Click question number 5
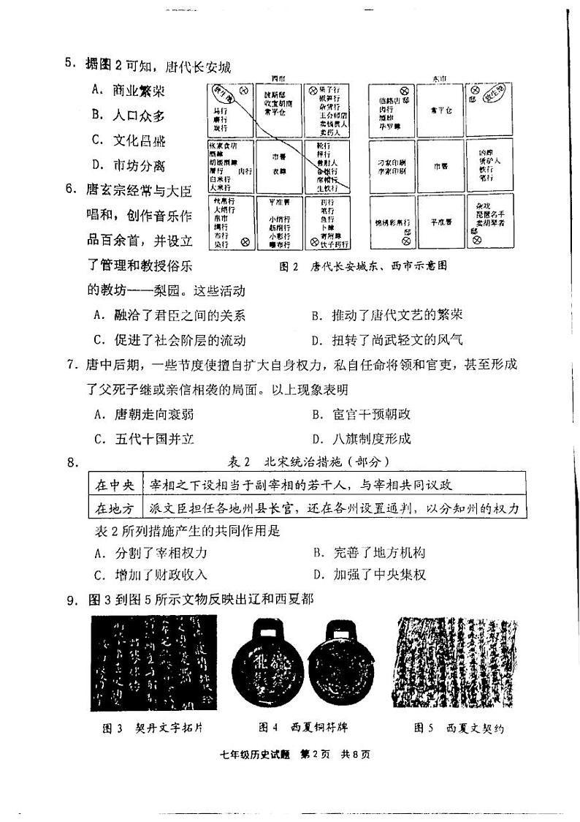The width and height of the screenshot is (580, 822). [70, 64]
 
